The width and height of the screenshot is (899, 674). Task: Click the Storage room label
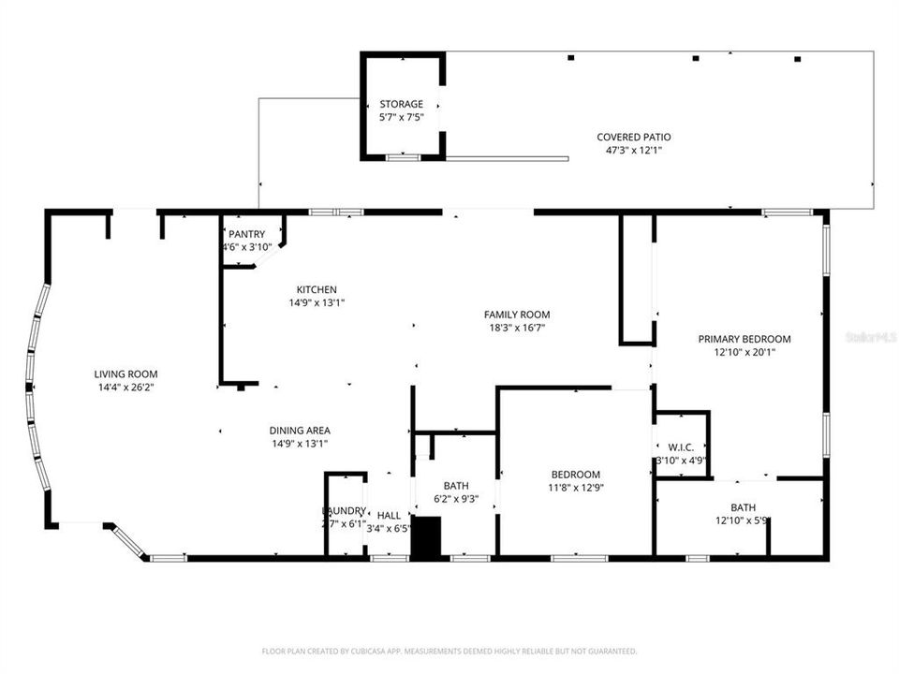[401, 104]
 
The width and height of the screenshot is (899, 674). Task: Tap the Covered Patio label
[634, 137]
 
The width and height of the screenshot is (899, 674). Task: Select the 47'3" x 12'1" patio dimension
[634, 150]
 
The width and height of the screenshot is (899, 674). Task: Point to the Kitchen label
[317, 289]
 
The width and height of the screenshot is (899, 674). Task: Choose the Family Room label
[517, 315]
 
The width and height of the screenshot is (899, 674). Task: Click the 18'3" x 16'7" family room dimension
[517, 328]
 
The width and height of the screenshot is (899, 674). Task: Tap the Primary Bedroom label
[744, 339]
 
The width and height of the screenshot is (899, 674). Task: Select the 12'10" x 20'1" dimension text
[744, 352]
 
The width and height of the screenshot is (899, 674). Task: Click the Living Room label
[125, 374]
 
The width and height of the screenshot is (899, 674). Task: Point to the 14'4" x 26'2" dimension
[125, 387]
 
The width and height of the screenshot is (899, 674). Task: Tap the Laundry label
[344, 510]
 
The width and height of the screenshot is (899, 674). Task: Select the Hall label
[389, 515]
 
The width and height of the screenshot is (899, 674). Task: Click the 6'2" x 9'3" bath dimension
[456, 499]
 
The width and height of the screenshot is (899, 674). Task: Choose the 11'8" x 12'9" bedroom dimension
[576, 487]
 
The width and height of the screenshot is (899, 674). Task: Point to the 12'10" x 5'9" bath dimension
[744, 520]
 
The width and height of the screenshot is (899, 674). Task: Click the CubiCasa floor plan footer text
[449, 651]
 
